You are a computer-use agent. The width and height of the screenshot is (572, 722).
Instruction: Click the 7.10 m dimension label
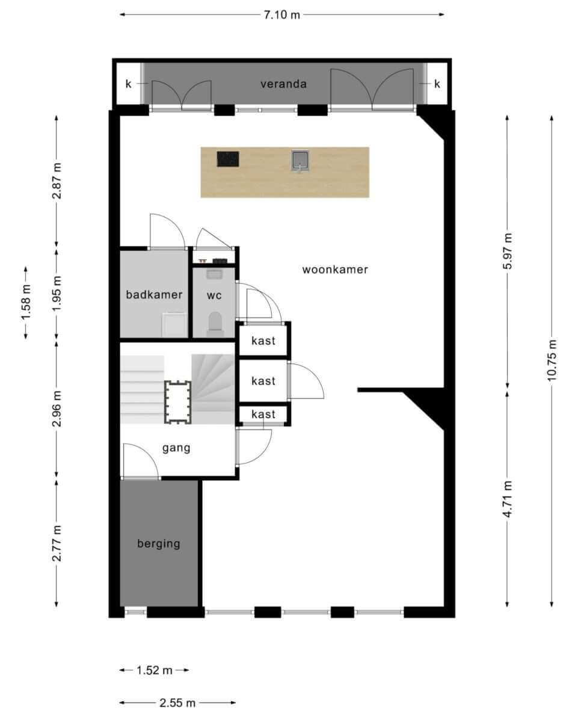[282, 15]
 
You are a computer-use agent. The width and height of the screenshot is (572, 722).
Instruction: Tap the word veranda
[283, 84]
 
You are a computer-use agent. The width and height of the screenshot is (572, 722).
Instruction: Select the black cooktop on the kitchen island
[228, 159]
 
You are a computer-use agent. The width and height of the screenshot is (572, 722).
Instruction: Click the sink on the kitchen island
[300, 161]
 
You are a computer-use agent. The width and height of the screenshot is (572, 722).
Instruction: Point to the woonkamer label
[335, 270]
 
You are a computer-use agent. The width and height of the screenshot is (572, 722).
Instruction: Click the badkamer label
[154, 295]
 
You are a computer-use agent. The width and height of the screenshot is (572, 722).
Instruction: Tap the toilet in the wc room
[215, 324]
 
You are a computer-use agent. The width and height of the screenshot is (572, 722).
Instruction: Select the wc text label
[214, 295]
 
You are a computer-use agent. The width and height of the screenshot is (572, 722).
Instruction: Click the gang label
[176, 448]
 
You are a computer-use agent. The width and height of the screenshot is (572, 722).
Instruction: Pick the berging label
[159, 543]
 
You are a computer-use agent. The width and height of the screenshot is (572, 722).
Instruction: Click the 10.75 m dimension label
[552, 360]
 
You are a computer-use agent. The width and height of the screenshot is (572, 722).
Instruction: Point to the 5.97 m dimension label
[508, 251]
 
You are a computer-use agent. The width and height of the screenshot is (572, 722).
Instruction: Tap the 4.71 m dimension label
[508, 499]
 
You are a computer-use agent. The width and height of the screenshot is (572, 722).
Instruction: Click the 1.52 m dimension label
[155, 670]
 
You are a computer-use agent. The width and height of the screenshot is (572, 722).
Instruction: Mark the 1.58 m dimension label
[26, 302]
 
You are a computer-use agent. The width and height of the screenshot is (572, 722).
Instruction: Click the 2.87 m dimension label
[57, 181]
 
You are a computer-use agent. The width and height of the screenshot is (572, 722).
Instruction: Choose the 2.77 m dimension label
[57, 543]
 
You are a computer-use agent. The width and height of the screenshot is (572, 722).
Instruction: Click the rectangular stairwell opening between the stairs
[178, 403]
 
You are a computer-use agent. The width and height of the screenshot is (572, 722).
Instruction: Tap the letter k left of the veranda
[128, 84]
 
